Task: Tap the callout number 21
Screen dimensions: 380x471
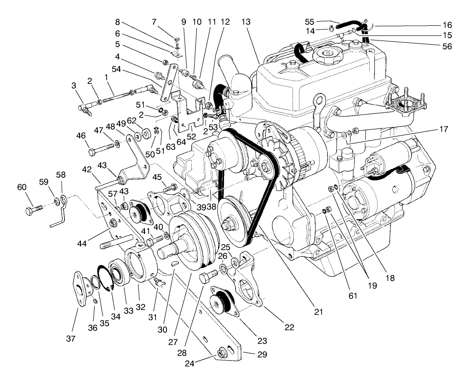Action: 319,312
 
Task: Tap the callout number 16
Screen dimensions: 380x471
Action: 447,25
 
